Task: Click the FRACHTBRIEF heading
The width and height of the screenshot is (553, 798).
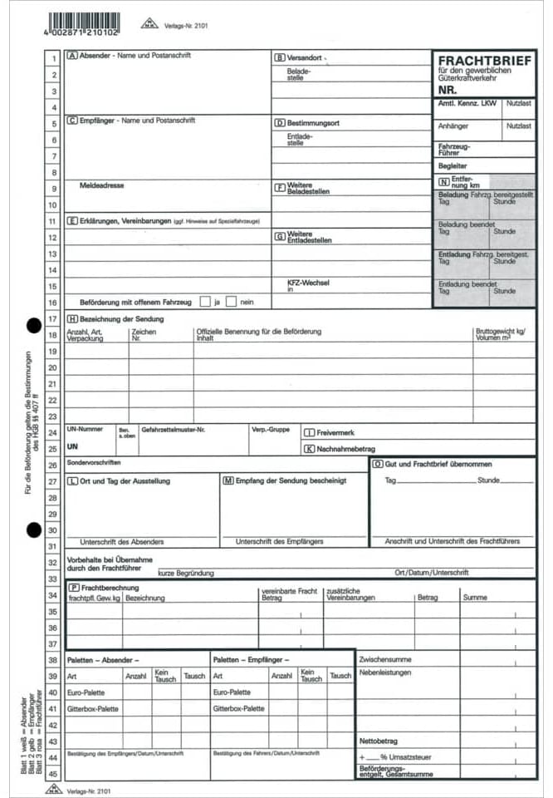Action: [x=484, y=61]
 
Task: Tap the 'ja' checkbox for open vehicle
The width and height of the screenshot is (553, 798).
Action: [x=205, y=302]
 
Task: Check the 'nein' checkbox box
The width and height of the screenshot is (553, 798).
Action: [x=232, y=302]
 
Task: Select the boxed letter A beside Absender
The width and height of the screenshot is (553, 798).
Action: [x=72, y=56]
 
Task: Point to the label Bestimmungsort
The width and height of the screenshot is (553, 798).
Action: [x=312, y=123]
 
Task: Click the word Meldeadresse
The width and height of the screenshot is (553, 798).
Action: [x=102, y=185]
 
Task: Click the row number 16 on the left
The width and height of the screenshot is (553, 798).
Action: [x=53, y=303]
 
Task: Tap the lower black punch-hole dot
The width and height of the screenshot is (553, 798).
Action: [x=34, y=528]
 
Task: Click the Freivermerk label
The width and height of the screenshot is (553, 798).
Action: [x=335, y=432]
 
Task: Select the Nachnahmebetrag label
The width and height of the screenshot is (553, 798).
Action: [x=346, y=449]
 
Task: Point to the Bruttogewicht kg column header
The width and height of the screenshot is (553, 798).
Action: [x=501, y=331]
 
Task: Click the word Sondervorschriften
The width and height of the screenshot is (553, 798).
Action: [x=94, y=461]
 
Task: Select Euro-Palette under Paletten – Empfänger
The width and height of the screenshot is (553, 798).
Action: [x=232, y=692]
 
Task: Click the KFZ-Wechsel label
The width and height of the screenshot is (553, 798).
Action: [x=308, y=282]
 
